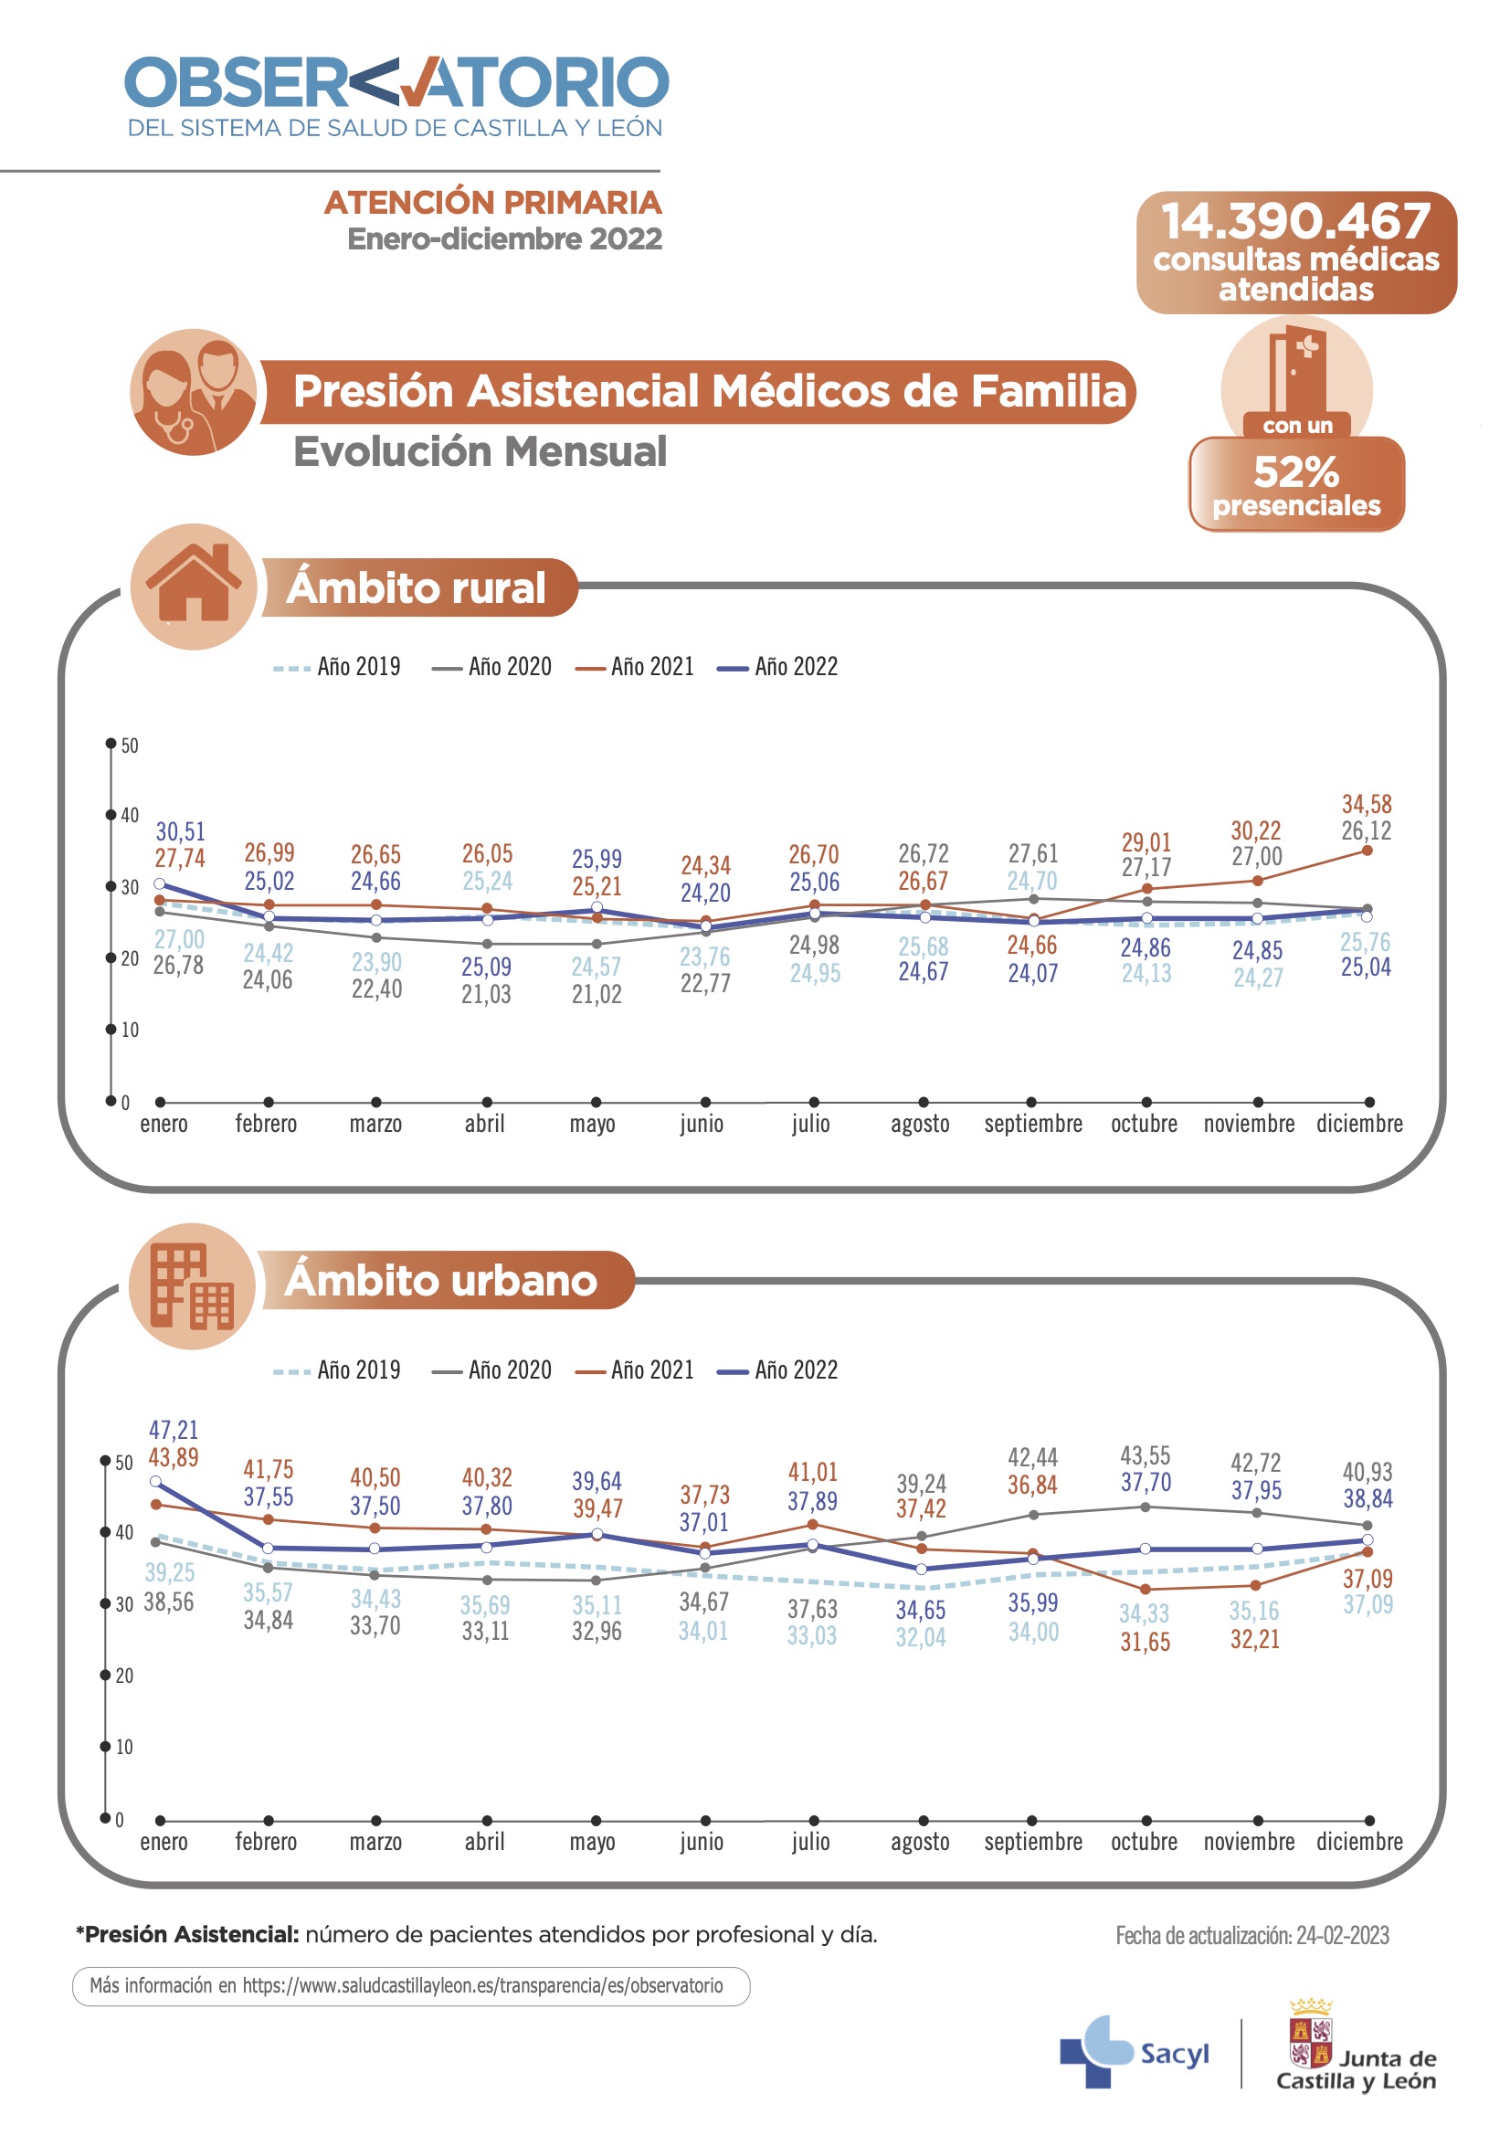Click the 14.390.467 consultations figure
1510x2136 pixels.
click(x=1295, y=221)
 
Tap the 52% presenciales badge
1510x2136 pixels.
click(x=1296, y=484)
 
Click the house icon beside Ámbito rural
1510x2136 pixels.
click(x=194, y=587)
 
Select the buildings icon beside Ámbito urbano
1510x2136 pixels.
click(x=193, y=1285)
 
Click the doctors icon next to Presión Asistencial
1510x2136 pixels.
click(x=194, y=392)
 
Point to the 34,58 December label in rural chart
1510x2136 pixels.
click(x=1366, y=804)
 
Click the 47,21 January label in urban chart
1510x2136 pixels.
click(x=174, y=1429)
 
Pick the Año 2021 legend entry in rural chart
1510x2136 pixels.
click(x=636, y=667)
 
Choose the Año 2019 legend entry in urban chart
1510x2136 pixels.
click(x=337, y=1370)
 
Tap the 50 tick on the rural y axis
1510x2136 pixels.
click(x=130, y=745)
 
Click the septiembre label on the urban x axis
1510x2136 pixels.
click(x=1033, y=1842)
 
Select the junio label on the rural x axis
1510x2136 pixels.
click(x=702, y=1124)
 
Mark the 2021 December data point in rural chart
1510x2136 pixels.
click(x=1367, y=850)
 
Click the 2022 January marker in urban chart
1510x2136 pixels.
click(x=156, y=1481)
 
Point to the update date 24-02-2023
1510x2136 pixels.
click(x=1251, y=1936)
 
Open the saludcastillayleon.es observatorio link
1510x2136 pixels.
click(x=482, y=1986)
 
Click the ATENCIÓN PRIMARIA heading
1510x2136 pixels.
click(x=492, y=203)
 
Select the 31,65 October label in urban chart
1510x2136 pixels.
click(x=1145, y=1641)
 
